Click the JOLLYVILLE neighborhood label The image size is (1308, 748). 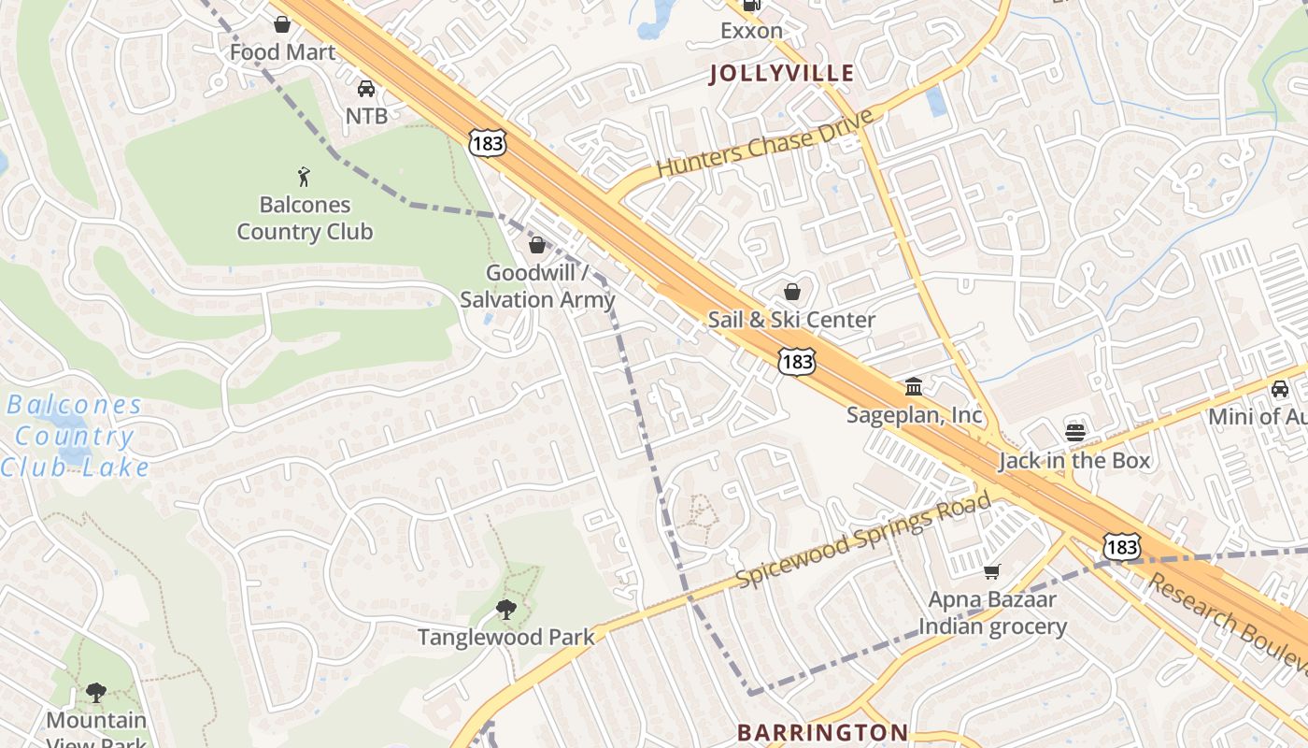click(x=782, y=73)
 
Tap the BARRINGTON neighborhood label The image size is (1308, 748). click(x=822, y=732)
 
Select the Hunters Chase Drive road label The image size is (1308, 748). click(x=765, y=143)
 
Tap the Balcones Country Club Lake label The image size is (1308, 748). click(x=75, y=436)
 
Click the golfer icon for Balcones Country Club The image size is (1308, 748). click(x=304, y=177)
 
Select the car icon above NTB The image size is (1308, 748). click(x=366, y=89)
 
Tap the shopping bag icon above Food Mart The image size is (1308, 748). click(x=281, y=24)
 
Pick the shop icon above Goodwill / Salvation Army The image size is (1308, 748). click(x=537, y=246)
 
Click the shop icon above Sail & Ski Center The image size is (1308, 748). click(x=792, y=292)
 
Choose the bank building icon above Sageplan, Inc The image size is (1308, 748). click(x=914, y=386)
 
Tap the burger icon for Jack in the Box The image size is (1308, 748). click(x=1075, y=432)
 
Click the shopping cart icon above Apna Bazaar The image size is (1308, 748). click(x=992, y=570)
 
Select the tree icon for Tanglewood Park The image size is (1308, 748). click(x=505, y=610)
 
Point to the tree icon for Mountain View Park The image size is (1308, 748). click(x=95, y=692)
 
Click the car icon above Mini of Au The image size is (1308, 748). click(x=1279, y=389)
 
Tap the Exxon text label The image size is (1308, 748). click(x=751, y=31)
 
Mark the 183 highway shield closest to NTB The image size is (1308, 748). click(x=488, y=143)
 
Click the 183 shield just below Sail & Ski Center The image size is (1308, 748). click(x=798, y=361)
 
